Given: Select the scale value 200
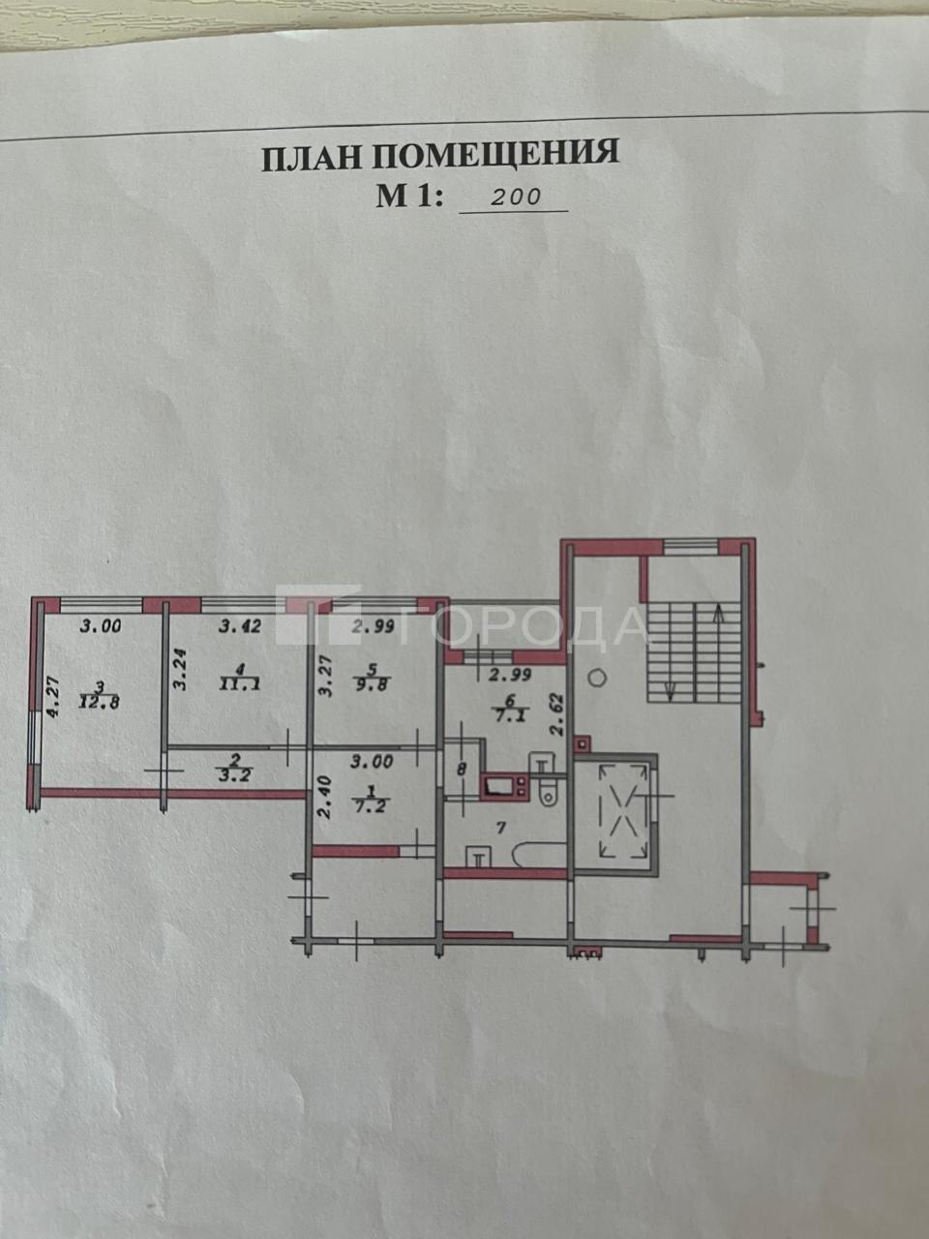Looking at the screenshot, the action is [x=516, y=197].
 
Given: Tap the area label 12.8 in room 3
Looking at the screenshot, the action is [x=100, y=704].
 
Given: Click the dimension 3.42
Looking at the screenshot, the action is [x=240, y=626].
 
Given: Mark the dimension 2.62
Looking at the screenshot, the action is [x=558, y=715].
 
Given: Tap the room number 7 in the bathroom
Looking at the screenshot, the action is [x=501, y=828].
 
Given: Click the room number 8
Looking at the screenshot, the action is [x=463, y=770].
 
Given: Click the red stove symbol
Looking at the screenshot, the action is [x=504, y=786].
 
